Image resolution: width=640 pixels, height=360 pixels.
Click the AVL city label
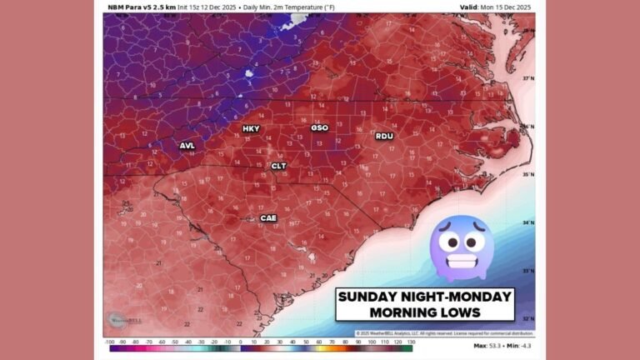(x=187, y=146)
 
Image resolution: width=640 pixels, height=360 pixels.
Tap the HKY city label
(x=251, y=129)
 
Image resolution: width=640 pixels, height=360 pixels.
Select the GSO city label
(x=319, y=128)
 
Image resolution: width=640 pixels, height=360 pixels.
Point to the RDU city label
(x=384, y=136)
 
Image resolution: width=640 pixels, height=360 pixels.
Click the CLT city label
(x=278, y=166)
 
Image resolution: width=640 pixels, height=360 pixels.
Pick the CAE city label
(x=268, y=218)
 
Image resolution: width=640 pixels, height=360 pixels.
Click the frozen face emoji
(x=462, y=247)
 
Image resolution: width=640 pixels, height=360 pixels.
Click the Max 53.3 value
(x=485, y=344)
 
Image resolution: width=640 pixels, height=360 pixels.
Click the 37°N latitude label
(x=527, y=78)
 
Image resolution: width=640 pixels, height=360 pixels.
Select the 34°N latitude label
(x=527, y=223)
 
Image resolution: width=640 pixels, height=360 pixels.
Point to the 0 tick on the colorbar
(x=241, y=342)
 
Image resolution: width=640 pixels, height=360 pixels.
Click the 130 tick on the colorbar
(x=410, y=342)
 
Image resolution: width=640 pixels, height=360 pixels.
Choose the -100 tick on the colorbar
(x=109, y=342)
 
